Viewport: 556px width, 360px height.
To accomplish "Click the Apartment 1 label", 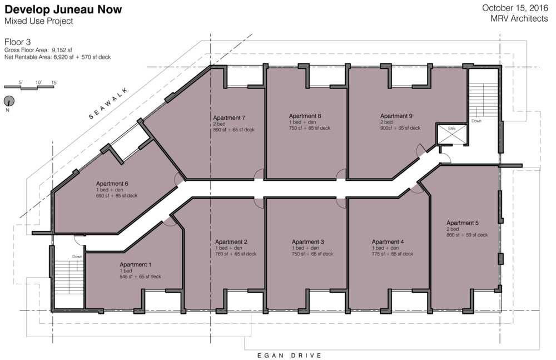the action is tap(136, 264).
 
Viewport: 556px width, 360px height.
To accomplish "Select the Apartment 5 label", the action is tap(463, 223).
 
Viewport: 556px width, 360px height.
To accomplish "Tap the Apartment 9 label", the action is tap(396, 116).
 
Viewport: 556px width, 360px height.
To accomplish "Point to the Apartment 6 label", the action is tap(112, 184).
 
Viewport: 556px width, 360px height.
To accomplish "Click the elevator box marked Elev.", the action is tap(451, 134).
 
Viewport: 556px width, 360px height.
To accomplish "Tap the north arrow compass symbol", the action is tap(9, 101).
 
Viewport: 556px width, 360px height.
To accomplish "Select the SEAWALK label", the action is tap(108, 103).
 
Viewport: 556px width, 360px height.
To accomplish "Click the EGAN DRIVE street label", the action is tap(289, 355).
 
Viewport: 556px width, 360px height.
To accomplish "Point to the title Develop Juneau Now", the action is tap(63, 9).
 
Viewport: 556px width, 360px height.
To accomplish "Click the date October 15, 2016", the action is tap(515, 8).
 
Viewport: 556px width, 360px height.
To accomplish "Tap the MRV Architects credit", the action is tap(519, 18).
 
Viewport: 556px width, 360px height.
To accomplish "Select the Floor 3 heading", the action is tap(17, 42).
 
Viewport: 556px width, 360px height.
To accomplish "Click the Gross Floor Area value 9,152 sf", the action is tap(62, 50).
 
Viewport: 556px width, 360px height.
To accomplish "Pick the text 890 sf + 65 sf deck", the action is tap(234, 130).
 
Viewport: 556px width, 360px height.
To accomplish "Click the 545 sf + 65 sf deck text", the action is tap(140, 277).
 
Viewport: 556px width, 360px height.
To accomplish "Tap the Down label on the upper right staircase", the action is tap(476, 121).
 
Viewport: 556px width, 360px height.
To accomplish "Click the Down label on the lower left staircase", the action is tap(77, 257).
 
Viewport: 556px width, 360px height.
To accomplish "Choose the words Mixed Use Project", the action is tap(39, 21).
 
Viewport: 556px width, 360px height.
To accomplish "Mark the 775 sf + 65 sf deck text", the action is tap(392, 254).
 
